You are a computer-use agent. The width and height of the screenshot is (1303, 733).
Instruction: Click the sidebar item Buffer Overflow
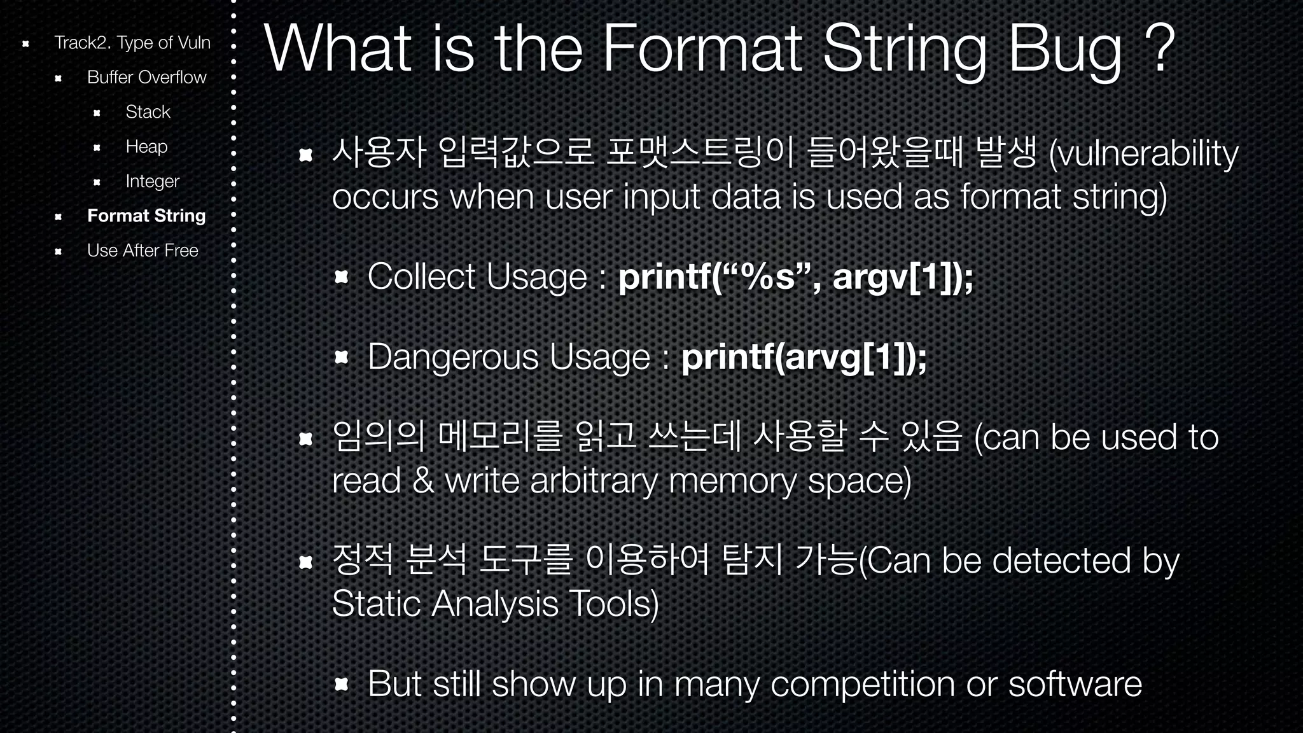pyautogui.click(x=146, y=78)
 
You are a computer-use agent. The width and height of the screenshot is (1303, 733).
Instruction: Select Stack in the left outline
pyautogui.click(x=148, y=112)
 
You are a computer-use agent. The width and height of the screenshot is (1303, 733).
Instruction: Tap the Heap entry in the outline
pyautogui.click(x=146, y=147)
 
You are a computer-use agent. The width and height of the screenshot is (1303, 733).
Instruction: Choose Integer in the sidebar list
pyautogui.click(x=152, y=182)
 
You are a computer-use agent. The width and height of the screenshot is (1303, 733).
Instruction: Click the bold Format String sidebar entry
pyautogui.click(x=146, y=216)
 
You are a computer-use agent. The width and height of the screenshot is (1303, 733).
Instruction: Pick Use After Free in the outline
pyautogui.click(x=143, y=251)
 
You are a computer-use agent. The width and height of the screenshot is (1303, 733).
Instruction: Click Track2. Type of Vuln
pyautogui.click(x=132, y=43)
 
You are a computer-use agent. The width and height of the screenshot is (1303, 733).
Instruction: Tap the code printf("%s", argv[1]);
pyautogui.click(x=795, y=277)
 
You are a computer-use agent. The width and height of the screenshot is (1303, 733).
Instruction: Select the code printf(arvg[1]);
pyautogui.click(x=804, y=358)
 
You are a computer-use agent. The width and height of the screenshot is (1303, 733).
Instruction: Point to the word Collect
pyautogui.click(x=421, y=277)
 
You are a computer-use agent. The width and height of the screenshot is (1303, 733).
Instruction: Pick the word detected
pyautogui.click(x=1061, y=561)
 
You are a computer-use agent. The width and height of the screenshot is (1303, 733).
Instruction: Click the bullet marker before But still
pyautogui.click(x=342, y=684)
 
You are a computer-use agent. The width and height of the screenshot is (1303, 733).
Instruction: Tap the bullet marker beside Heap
pyautogui.click(x=97, y=148)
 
